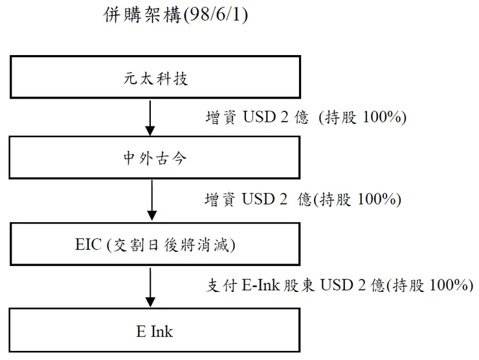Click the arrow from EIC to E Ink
(x=150, y=287)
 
